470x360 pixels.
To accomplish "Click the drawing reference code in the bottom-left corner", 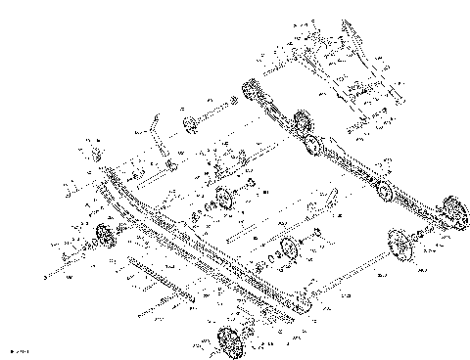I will pyautogui.click(x=18, y=350).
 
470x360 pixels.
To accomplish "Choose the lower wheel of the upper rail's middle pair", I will pyautogui.click(x=313, y=146).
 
